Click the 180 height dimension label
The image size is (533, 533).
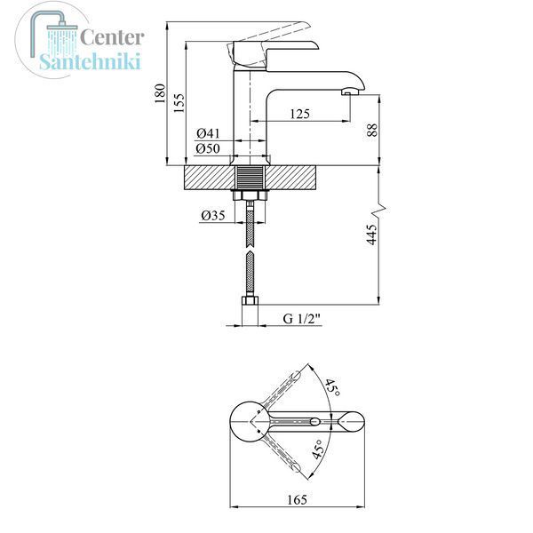[x=160, y=93]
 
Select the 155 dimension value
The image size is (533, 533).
[x=179, y=103]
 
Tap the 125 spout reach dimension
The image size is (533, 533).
[x=300, y=114]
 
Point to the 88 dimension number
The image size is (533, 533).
[x=372, y=130]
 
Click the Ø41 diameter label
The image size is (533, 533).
[x=208, y=133]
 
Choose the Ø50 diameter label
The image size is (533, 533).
[x=208, y=148]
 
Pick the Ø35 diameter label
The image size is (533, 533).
[x=213, y=215]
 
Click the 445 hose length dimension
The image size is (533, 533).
[x=372, y=235]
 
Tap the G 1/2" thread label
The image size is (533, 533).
[x=302, y=319]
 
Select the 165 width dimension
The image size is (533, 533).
[x=297, y=499]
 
